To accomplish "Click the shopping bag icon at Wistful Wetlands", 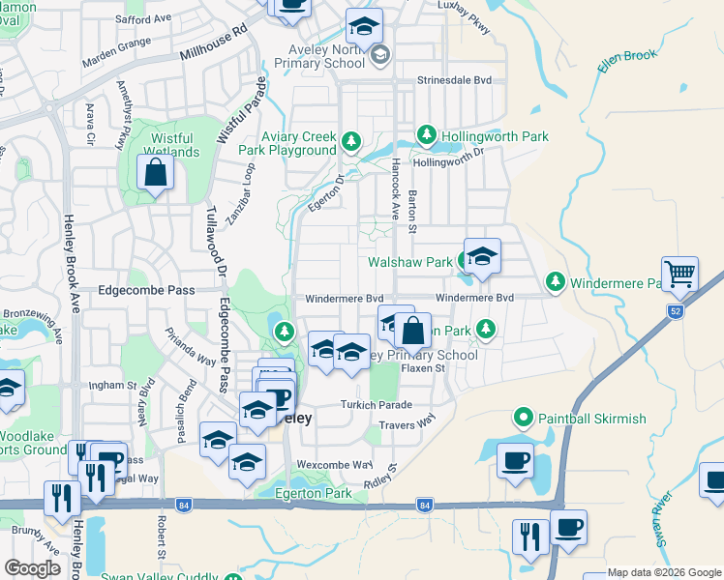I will tap(155, 174).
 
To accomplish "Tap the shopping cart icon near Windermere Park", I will tap(679, 275).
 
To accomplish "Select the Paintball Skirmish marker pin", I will tap(524, 418).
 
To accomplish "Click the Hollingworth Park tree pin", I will tap(425, 135).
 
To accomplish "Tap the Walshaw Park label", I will tap(410, 262).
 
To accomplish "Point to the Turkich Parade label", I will tap(376, 405).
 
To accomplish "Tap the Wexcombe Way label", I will tap(334, 465).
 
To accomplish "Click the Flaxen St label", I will tap(423, 368).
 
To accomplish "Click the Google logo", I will tap(32, 567).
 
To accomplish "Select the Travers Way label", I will tap(408, 424).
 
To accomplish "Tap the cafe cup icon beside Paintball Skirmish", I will tap(516, 460).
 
